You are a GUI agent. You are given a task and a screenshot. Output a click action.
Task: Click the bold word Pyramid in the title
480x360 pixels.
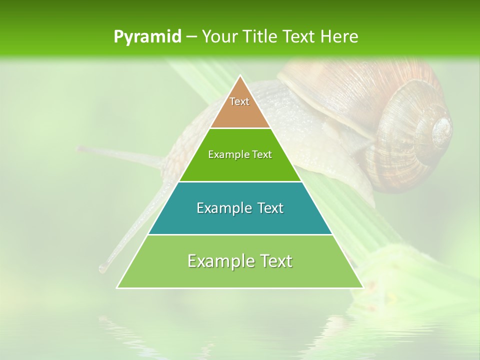click(x=147, y=36)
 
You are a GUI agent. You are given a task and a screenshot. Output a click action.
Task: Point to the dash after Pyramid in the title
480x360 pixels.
click(x=191, y=37)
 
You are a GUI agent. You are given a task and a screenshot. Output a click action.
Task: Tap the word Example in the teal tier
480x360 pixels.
click(x=222, y=208)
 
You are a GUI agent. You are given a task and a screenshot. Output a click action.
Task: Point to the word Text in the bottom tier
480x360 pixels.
click(x=274, y=261)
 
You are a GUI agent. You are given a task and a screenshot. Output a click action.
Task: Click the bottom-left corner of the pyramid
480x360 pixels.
click(x=117, y=288)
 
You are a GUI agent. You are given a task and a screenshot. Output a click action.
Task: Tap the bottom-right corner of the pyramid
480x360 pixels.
click(x=363, y=288)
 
